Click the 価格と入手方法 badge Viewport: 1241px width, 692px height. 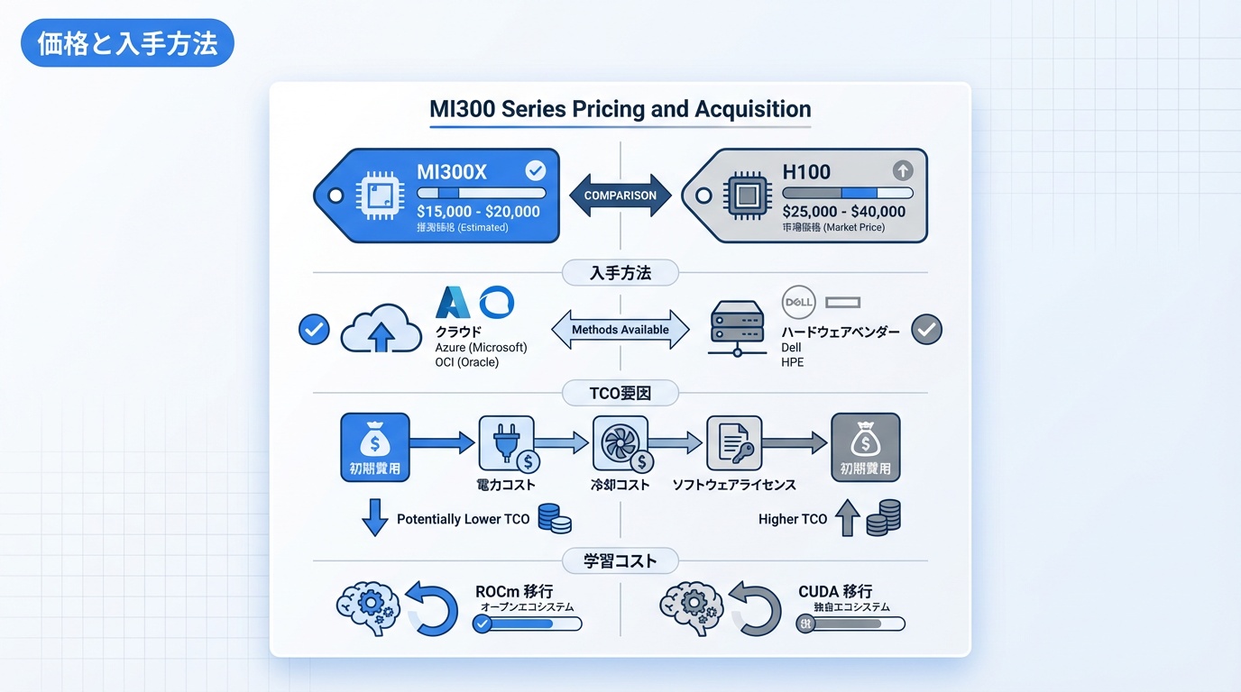click(127, 44)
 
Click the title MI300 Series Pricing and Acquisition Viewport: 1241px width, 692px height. click(620, 110)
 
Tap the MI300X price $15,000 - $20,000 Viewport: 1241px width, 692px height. click(478, 212)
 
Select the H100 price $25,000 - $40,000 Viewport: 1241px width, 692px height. click(843, 212)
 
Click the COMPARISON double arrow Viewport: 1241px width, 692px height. click(620, 195)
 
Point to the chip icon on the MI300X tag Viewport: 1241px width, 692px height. click(377, 196)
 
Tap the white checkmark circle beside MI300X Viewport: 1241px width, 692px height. click(535, 170)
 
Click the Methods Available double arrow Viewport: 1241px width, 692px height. click(620, 330)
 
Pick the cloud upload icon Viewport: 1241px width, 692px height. click(381, 332)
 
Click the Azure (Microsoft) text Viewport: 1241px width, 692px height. click(481, 347)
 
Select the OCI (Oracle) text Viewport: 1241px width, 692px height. click(466, 362)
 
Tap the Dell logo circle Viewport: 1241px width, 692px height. click(799, 302)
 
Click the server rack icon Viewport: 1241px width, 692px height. click(737, 327)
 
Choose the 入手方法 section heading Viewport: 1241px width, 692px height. click(620, 272)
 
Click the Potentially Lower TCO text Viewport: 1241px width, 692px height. click(464, 519)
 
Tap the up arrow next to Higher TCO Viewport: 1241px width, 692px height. click(847, 519)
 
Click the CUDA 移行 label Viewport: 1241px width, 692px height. click(835, 591)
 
